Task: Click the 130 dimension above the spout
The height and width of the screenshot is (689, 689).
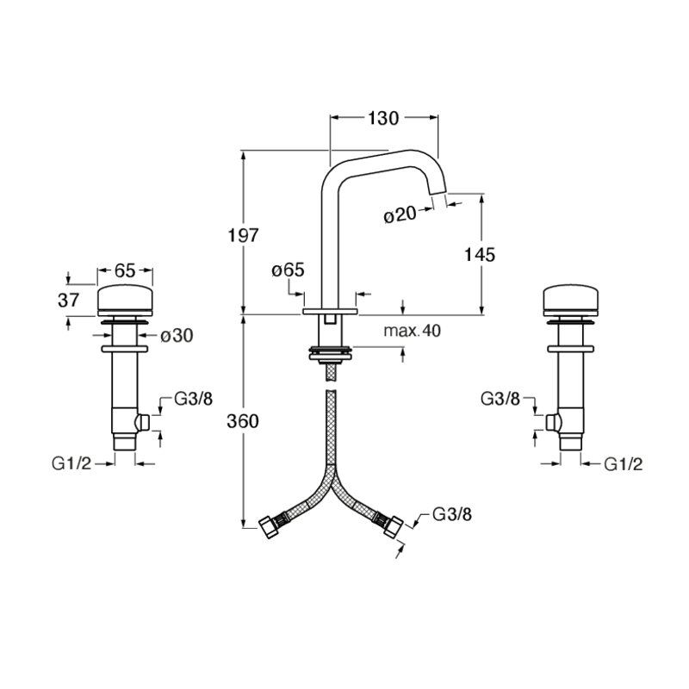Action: (383, 118)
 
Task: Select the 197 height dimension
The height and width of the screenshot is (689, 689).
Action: (243, 235)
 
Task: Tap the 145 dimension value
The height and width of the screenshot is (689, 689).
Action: (480, 254)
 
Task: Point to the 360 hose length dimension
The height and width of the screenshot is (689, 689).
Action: (243, 421)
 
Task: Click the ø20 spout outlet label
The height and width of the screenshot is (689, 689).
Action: (400, 214)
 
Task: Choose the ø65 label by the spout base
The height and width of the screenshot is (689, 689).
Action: (288, 270)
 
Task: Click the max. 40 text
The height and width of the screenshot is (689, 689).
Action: (412, 331)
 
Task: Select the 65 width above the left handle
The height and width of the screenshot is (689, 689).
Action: (125, 270)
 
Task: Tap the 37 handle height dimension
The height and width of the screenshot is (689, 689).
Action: (69, 300)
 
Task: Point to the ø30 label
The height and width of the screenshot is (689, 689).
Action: (177, 336)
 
